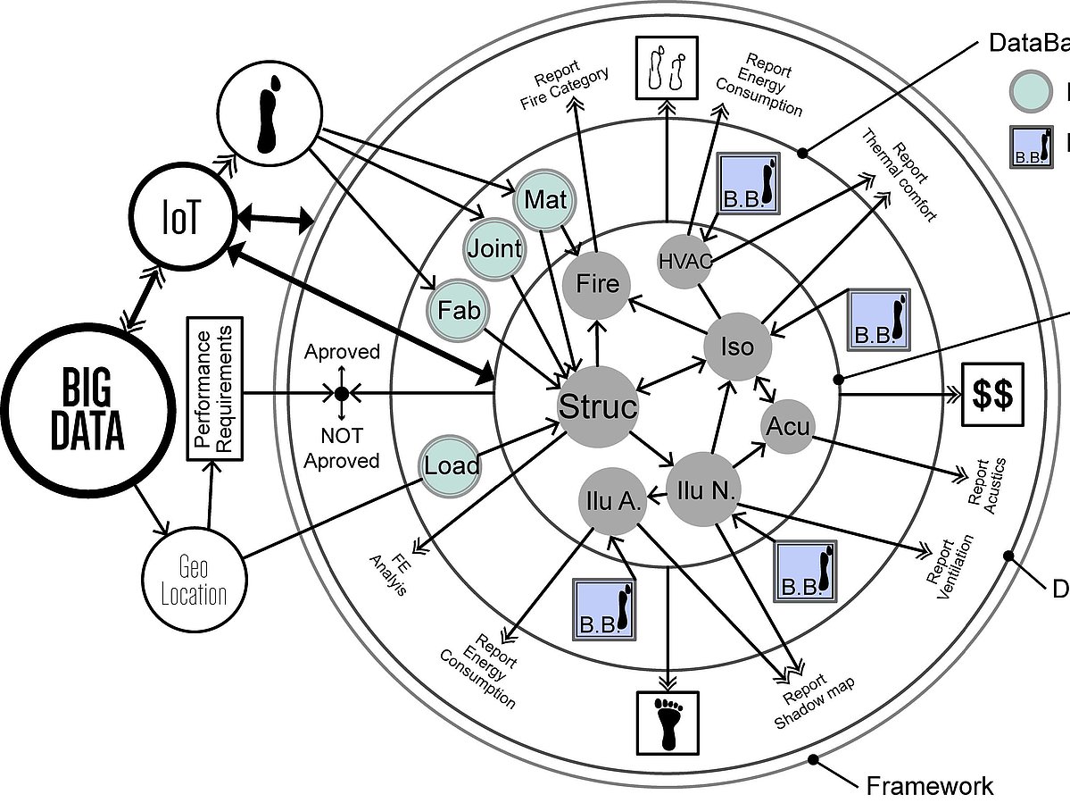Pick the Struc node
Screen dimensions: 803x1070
tap(598, 407)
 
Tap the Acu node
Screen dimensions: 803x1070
tap(789, 427)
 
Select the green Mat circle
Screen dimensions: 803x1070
tap(545, 198)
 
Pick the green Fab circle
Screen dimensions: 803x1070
tap(460, 310)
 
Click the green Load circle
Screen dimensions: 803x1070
tap(452, 465)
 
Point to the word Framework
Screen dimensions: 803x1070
tap(929, 785)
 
